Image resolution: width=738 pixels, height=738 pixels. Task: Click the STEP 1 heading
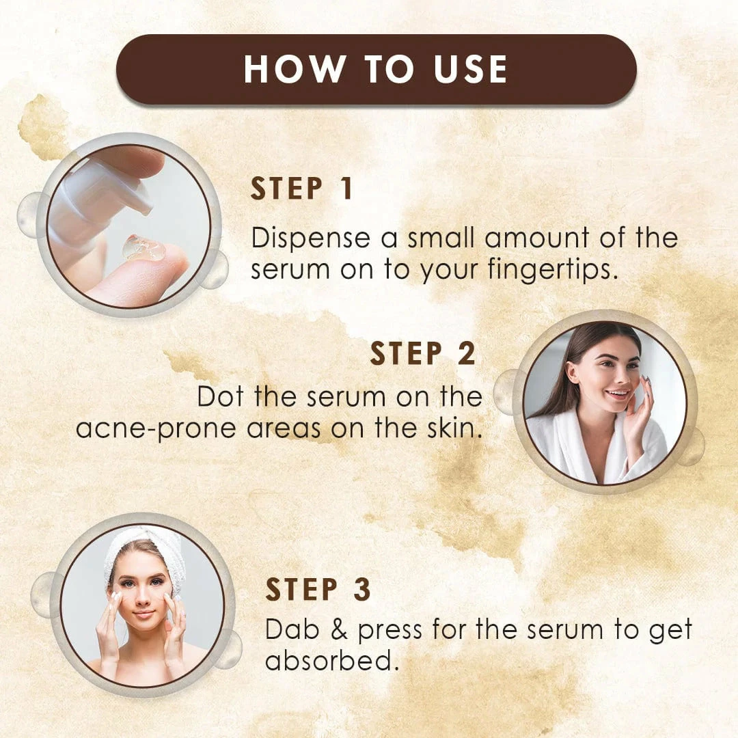pyautogui.click(x=302, y=189)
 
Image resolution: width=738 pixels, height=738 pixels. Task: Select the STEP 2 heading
pyautogui.click(x=423, y=353)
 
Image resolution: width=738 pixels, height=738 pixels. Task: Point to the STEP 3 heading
pyautogui.click(x=318, y=589)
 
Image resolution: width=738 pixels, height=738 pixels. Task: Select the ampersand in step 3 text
pyautogui.click(x=339, y=630)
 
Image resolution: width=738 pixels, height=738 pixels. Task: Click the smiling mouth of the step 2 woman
pyautogui.click(x=617, y=392)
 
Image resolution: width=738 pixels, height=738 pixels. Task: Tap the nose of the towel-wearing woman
pyautogui.click(x=143, y=598)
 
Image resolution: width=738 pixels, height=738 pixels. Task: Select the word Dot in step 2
pyautogui.click(x=220, y=397)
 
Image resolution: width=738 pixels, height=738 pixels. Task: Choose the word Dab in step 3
pyautogui.click(x=292, y=630)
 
